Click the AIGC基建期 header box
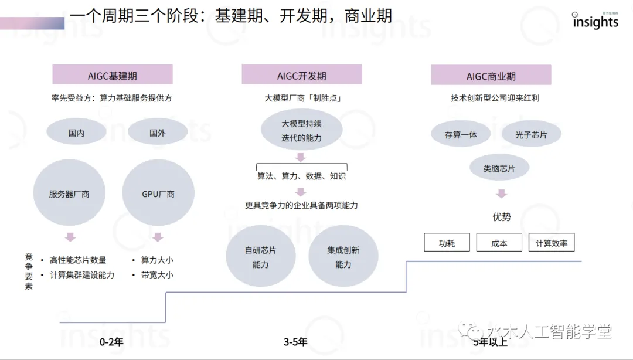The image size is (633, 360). (x=113, y=75)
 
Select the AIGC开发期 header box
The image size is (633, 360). (x=302, y=75)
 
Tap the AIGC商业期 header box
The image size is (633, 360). (x=491, y=75)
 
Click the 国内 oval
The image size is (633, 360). (x=77, y=133)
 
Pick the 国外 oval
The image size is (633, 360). (x=158, y=133)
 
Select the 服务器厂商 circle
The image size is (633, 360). (x=69, y=193)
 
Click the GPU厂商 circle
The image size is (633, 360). (x=158, y=193)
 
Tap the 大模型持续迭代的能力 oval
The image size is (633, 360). (x=301, y=131)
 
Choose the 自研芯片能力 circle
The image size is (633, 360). (x=261, y=257)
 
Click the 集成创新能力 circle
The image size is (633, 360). (x=343, y=257)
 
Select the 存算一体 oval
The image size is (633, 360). (x=461, y=134)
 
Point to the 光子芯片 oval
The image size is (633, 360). (x=532, y=134)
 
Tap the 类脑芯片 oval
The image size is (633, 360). (x=499, y=168)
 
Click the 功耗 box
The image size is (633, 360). (x=447, y=243)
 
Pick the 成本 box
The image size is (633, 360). (x=499, y=243)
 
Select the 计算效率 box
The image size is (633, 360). (x=552, y=243)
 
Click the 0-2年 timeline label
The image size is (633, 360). (x=111, y=341)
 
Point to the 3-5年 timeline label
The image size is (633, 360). (x=295, y=341)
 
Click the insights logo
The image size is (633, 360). (x=595, y=21)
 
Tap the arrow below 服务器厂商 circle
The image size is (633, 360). (x=70, y=237)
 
